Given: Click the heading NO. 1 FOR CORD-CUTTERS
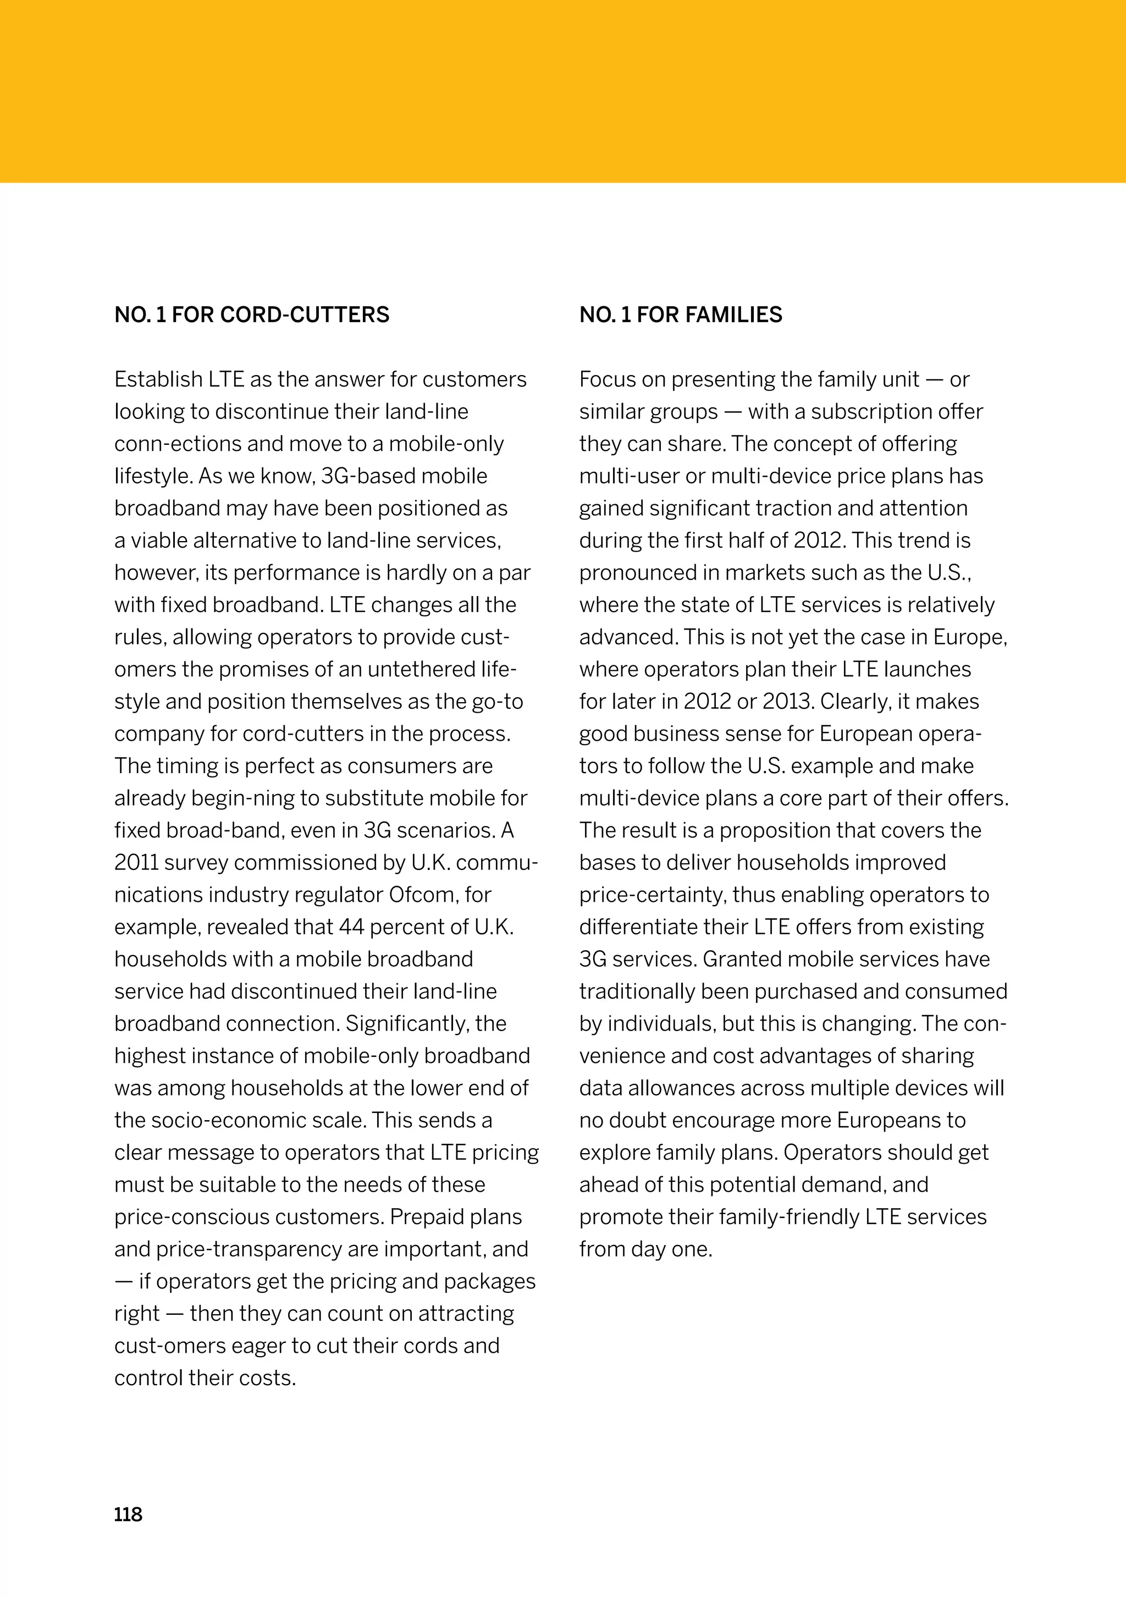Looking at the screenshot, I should pyautogui.click(x=251, y=315).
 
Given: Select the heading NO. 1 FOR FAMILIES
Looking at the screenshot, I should pyautogui.click(x=680, y=315).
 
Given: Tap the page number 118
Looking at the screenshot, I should pyautogui.click(x=128, y=1514).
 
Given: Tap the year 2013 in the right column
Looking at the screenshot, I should pyautogui.click(x=787, y=701).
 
